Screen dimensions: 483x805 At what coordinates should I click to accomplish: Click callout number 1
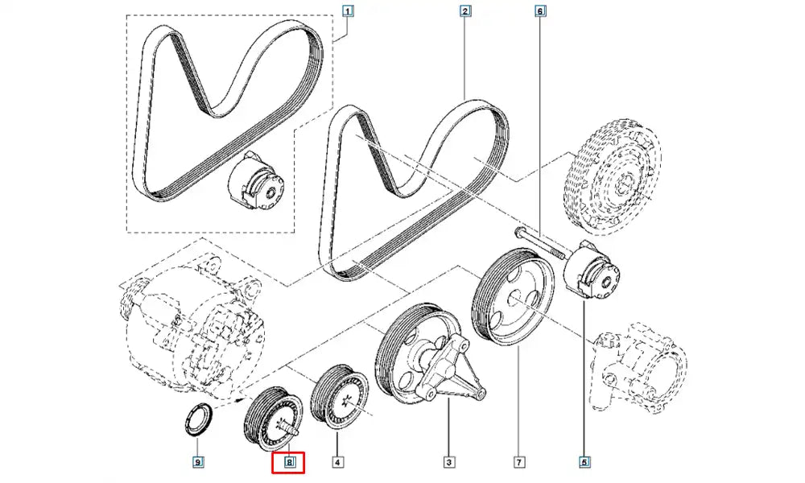coord(348,11)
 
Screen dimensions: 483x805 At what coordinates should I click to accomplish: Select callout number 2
coord(466,11)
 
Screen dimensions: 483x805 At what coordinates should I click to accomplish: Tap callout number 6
coord(539,11)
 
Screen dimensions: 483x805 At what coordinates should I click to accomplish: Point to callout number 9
coord(197,462)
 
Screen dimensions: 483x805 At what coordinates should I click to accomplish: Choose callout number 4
coord(338,462)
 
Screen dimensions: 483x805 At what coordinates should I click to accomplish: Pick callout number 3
coord(448,462)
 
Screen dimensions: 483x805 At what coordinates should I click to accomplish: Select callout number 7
coord(520,462)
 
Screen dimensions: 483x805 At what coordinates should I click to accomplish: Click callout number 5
coord(584,462)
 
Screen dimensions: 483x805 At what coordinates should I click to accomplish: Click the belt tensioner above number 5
coord(596,274)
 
